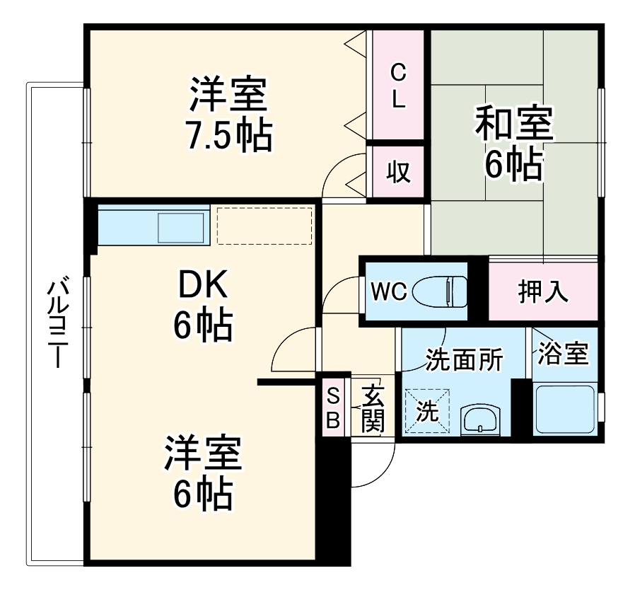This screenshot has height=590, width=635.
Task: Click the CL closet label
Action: [399, 85]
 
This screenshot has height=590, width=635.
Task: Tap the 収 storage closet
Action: [399, 173]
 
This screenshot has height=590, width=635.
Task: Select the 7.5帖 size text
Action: [228, 137]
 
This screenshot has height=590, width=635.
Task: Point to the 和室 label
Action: [513, 122]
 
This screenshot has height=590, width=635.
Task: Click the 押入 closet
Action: [543, 291]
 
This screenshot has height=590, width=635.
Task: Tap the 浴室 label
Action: [563, 353]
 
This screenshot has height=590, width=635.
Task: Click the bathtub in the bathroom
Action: [564, 409]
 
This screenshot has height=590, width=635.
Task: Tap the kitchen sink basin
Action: [181, 228]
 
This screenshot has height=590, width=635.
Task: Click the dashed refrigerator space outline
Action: [264, 225]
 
